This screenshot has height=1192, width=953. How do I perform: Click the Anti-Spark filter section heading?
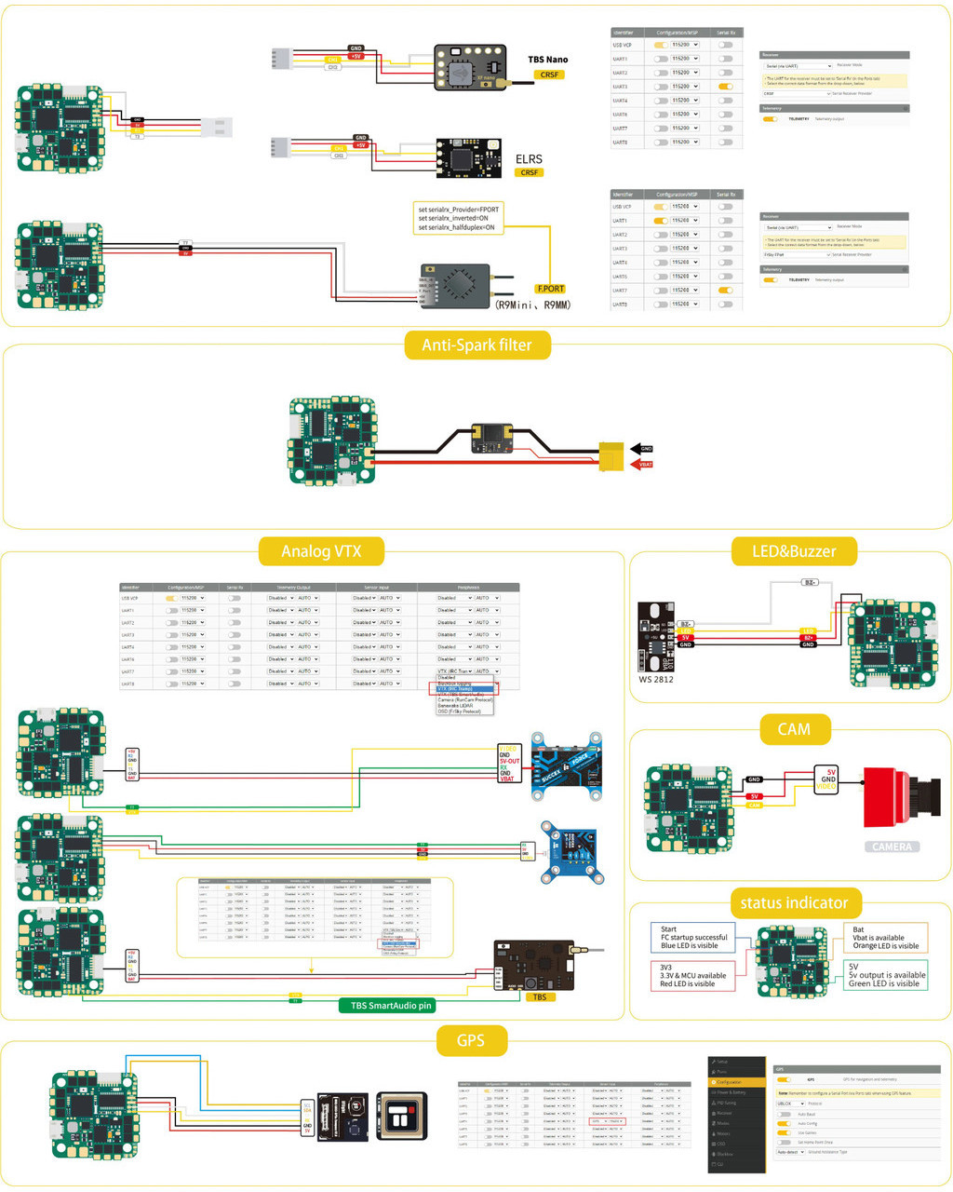pos(477,345)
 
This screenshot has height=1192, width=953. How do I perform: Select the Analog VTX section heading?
pos(320,551)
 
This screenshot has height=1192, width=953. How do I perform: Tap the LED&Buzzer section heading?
pos(793,551)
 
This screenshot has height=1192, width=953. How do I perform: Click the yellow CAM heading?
pos(793,729)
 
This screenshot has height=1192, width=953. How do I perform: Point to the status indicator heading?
pos(793,902)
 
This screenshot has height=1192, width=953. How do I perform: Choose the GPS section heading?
pos(470,1040)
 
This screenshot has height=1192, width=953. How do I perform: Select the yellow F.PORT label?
pos(550,289)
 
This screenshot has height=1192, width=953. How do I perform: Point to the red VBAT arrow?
pos(643,464)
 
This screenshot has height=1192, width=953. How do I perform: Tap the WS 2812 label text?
pos(655,679)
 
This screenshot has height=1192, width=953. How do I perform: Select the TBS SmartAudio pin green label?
pos(391,1006)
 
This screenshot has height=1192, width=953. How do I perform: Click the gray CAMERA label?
pos(892,847)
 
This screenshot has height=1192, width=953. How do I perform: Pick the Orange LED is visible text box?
pos(884,938)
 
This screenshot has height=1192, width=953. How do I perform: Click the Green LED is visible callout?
pos(884,975)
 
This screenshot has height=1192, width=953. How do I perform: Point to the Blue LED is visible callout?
pos(691,937)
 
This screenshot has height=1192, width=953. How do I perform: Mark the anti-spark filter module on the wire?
pos(490,438)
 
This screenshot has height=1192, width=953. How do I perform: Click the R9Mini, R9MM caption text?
pos(532,305)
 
